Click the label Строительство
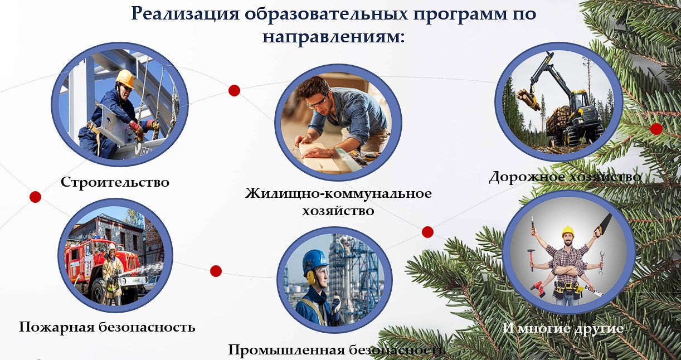tap(115, 182)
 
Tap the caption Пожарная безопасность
tap(107, 327)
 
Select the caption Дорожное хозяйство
tap(565, 177)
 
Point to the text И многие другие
tap(563, 328)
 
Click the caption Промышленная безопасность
tap(337, 350)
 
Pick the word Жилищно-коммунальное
tap(338, 193)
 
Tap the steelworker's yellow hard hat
tap(125, 78)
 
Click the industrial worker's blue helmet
tap(315, 260)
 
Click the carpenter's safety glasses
tap(317, 103)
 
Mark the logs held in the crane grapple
tap(528, 99)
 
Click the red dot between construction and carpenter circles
tap(234, 90)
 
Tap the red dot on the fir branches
tap(656, 129)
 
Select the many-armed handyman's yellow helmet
tap(568, 231)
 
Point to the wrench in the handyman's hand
tap(601, 262)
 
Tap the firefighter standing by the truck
tap(112, 274)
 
